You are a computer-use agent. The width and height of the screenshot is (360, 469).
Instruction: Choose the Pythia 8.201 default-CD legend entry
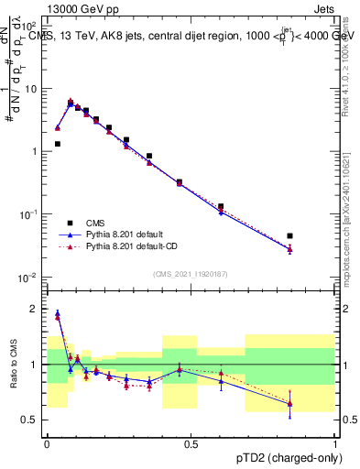click(x=128, y=246)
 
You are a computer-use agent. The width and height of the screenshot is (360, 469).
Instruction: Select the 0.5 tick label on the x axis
click(x=191, y=444)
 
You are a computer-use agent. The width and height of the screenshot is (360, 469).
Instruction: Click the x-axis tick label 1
click(x=334, y=444)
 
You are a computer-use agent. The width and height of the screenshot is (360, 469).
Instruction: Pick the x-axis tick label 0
click(x=47, y=444)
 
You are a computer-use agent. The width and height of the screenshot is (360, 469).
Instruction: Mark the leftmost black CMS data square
click(x=57, y=144)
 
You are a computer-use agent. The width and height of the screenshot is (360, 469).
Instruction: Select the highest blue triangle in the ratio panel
click(x=57, y=313)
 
